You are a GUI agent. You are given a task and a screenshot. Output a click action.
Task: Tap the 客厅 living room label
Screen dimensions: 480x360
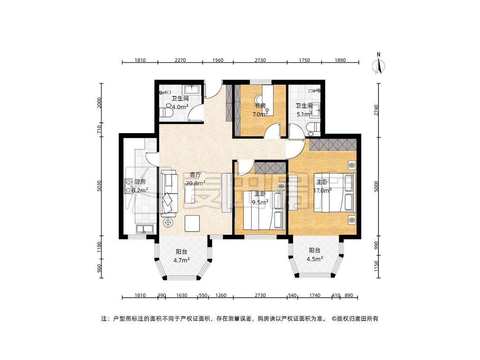[195, 175]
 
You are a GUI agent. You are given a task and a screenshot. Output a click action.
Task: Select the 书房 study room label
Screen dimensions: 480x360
[260, 106]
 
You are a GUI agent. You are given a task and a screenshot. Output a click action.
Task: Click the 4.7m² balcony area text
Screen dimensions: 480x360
[181, 260]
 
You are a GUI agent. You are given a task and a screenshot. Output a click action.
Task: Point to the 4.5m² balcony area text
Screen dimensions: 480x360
[315, 259]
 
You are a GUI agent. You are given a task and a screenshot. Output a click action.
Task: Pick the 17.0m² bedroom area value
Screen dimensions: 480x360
[323, 190]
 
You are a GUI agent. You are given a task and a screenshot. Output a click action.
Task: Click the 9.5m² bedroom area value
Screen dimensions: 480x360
[260, 202]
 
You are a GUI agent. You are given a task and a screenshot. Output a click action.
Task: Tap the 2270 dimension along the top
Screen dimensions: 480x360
[180, 60]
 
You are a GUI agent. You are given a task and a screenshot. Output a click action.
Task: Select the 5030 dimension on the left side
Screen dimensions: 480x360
[99, 186]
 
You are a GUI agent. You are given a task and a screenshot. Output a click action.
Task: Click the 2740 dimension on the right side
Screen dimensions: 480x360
[376, 110]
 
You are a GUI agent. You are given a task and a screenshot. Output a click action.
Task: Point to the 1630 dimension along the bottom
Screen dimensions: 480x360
[181, 296]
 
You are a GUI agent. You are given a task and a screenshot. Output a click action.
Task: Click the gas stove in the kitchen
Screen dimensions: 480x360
[127, 187]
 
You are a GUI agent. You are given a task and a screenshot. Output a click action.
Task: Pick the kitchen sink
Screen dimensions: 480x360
[145, 229]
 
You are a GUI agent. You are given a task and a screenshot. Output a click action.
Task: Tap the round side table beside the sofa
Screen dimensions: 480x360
[168, 223]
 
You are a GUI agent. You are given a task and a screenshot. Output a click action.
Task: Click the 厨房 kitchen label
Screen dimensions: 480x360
[140, 182]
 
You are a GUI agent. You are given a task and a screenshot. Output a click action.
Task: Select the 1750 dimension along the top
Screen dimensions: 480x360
[304, 60]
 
